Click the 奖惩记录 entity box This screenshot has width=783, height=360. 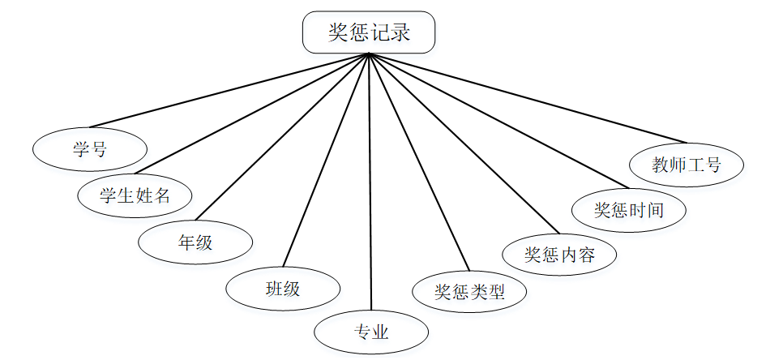point(369,32)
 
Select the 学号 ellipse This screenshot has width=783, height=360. point(90,149)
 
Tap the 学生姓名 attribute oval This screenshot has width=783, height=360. point(135,195)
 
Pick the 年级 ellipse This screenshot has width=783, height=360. point(195,241)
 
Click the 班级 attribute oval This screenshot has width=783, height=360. point(282,288)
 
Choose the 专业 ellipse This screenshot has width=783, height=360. point(371,332)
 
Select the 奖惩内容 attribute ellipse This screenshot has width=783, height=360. point(560,255)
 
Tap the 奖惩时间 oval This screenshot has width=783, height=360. point(629,211)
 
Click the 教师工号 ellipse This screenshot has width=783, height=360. point(687,165)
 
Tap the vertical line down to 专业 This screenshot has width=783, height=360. point(370,186)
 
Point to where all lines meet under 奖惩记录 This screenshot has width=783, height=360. point(370,54)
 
